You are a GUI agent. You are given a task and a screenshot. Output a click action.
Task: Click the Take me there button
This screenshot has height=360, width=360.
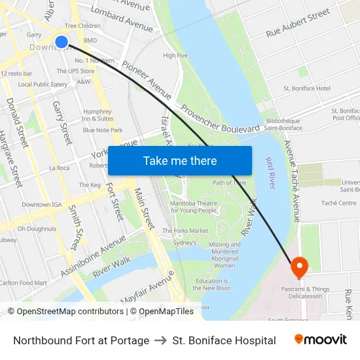pos(180,161)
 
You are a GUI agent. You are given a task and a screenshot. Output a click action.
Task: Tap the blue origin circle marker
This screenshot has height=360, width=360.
pos(62,42)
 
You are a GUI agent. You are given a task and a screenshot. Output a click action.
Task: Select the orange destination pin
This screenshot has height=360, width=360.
pos(299,266)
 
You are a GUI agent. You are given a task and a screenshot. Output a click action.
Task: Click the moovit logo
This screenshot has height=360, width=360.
pos(320,340)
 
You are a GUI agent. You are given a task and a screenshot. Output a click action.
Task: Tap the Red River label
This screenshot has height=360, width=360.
pos(270,173)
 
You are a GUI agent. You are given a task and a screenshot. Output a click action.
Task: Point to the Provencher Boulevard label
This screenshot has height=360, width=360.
pos(221,120)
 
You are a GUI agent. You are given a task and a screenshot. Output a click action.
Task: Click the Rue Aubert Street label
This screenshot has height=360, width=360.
pos(298,24)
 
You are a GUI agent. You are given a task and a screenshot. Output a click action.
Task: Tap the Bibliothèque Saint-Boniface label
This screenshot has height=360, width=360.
pos(282,124)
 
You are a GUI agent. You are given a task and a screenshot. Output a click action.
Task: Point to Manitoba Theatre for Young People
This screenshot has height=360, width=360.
pos(193,207)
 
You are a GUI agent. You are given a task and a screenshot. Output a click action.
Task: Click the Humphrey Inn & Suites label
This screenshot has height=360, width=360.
pos(98,115)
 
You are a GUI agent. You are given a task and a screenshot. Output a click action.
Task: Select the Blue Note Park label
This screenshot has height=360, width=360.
pos(103,130)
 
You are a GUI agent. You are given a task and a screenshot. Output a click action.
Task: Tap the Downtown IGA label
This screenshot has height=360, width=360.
pos(41,205)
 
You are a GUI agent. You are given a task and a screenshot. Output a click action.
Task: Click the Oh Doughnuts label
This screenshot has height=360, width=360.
pos(37,229)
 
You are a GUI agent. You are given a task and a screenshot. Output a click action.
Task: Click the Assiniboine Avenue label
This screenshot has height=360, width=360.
pos(101,255)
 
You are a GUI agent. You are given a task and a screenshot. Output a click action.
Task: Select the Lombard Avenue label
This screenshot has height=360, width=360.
pos(122,19)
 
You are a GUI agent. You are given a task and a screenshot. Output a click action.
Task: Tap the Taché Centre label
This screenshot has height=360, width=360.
pos(338,204)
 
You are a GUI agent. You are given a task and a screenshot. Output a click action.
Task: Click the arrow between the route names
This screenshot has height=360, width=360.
pos(160,340)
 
